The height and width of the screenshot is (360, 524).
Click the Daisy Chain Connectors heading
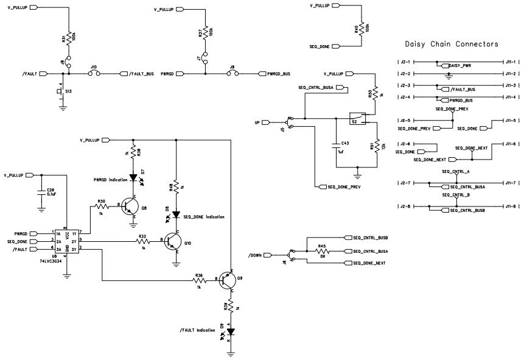452,44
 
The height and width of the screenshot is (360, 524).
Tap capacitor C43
335,146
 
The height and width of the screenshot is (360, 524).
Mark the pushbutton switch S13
61,91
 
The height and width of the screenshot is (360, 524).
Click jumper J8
232,74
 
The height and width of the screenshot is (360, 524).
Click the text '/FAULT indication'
198,330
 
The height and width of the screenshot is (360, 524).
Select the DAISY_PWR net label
459,66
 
